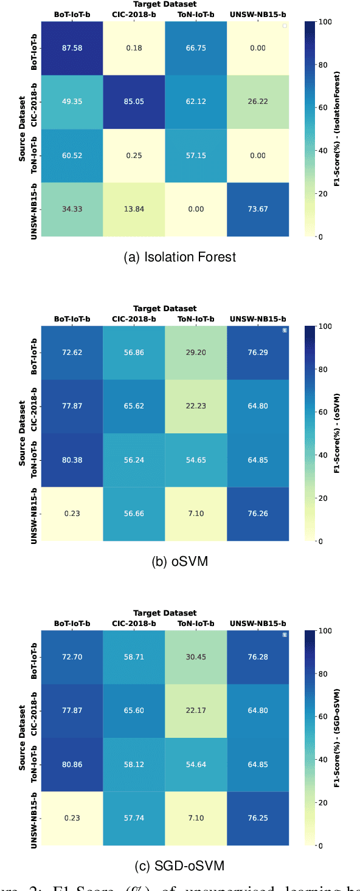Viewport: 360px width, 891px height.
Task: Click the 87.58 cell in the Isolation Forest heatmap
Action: (72, 47)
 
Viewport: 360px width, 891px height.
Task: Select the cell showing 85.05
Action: (134, 101)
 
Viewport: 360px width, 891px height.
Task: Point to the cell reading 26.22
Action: (257, 101)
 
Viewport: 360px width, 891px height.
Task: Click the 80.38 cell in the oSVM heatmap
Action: (72, 460)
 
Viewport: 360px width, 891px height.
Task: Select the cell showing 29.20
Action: (195, 352)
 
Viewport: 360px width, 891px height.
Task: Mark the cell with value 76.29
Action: (257, 352)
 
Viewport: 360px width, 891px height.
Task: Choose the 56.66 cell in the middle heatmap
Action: (134, 514)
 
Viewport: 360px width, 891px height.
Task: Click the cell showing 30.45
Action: (195, 657)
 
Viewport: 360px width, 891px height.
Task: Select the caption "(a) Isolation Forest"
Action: (179, 257)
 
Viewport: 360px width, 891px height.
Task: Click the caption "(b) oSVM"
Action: (179, 562)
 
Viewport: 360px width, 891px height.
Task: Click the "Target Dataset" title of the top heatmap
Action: (164, 4)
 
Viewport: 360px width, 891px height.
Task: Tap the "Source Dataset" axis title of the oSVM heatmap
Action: (22, 433)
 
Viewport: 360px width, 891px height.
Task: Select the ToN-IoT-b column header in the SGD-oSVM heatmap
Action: (195, 624)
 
